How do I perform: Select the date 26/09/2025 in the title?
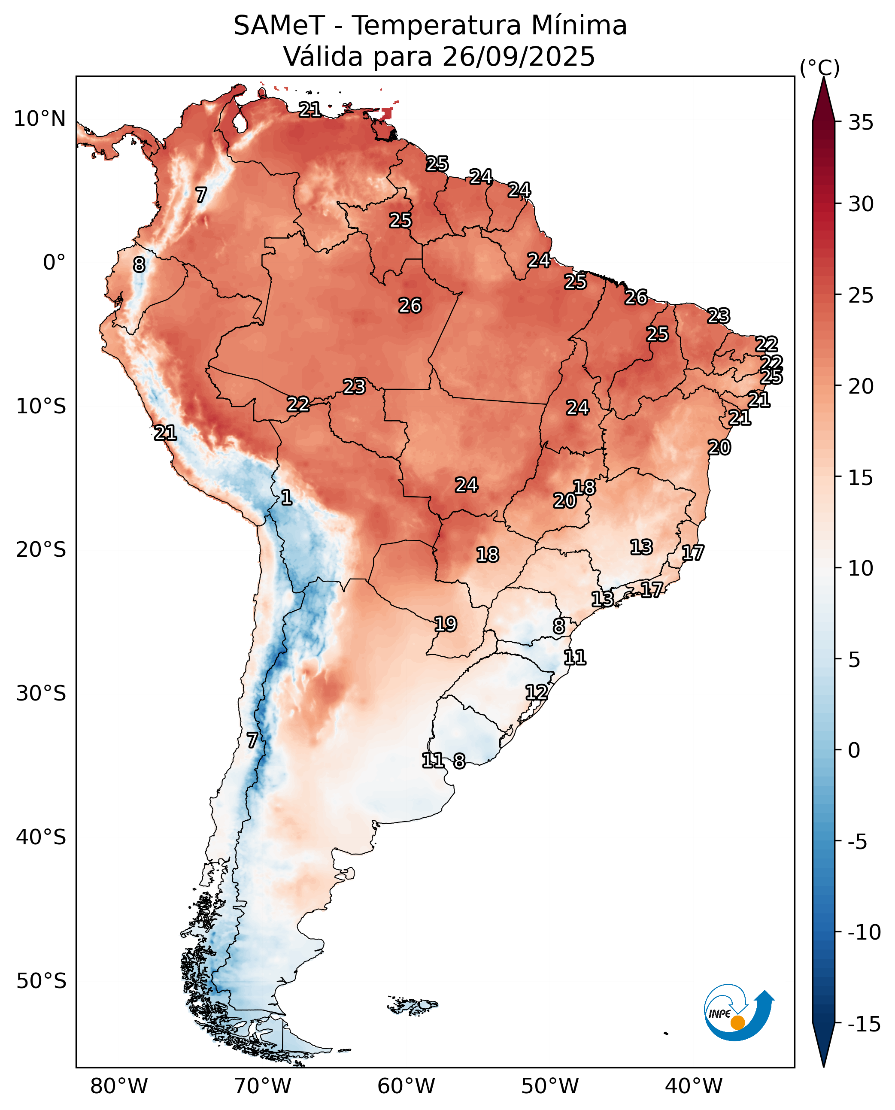[x=518, y=57]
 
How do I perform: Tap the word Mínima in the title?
[x=579, y=26]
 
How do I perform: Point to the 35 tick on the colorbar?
[x=861, y=123]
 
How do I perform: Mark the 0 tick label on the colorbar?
[x=854, y=750]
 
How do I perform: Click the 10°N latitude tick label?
[x=39, y=119]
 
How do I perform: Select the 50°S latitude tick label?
[x=41, y=981]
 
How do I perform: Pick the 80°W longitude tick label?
[x=119, y=1086]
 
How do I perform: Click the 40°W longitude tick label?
[x=693, y=1086]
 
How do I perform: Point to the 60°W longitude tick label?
[x=406, y=1086]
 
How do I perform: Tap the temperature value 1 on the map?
[x=287, y=497]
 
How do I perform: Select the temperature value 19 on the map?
[x=446, y=625]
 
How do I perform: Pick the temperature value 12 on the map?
[x=536, y=692]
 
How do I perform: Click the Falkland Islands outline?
[x=413, y=1005]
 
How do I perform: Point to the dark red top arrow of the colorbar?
[x=823, y=100]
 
